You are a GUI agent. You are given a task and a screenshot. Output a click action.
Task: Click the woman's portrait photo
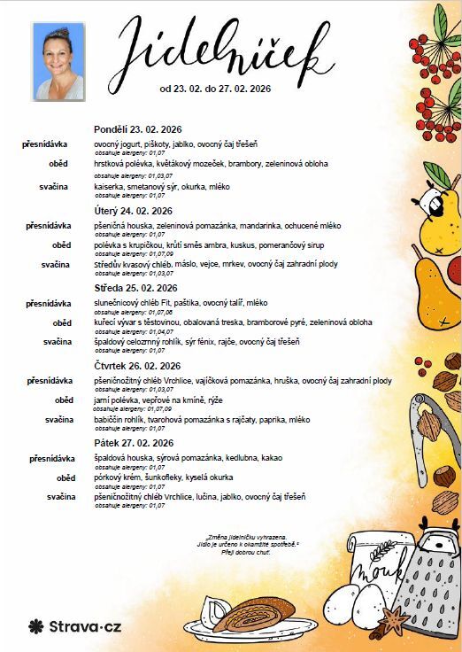58,61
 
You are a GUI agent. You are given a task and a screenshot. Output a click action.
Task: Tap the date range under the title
215,89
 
